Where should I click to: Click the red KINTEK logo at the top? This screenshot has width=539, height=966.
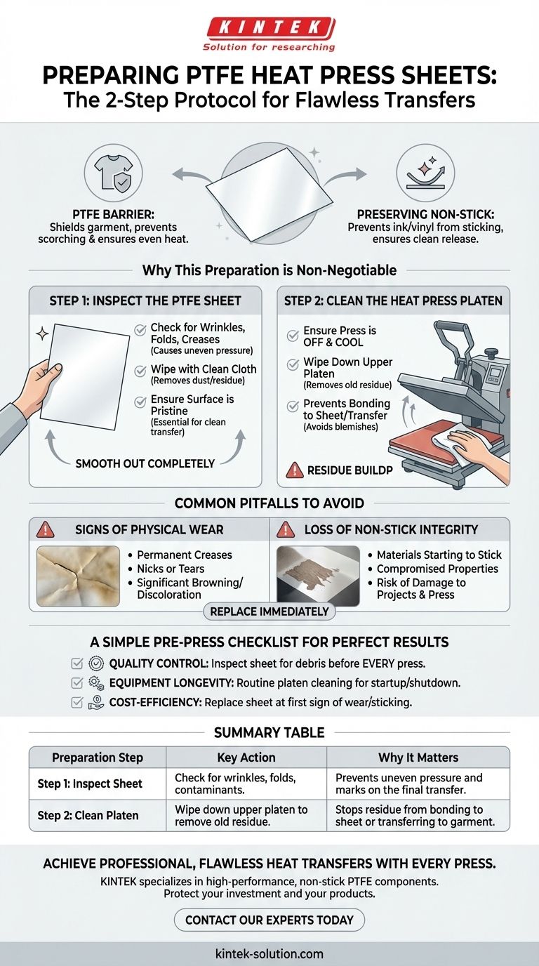(269, 29)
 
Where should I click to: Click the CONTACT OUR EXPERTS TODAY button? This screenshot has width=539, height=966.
(269, 920)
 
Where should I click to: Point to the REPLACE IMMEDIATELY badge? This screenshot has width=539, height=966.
(269, 611)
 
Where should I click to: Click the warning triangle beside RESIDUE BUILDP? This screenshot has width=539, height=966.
(295, 470)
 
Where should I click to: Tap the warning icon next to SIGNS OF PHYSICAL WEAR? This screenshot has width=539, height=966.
(46, 529)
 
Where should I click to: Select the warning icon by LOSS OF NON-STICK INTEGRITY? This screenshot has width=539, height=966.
(286, 529)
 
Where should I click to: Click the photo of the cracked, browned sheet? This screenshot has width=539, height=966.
(78, 576)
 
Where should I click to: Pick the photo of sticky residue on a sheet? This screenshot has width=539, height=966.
(318, 576)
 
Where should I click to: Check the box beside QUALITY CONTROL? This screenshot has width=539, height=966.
(77, 663)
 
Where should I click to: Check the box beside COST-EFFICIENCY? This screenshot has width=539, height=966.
(77, 702)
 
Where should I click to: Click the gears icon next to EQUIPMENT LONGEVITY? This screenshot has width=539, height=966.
(96, 682)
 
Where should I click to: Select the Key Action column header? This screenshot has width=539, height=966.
(246, 757)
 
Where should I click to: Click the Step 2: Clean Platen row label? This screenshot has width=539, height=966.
(88, 816)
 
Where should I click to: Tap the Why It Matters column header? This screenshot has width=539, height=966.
(418, 757)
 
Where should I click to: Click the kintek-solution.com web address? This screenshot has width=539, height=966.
(269, 953)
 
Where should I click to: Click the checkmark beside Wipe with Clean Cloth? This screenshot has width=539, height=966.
(140, 371)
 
